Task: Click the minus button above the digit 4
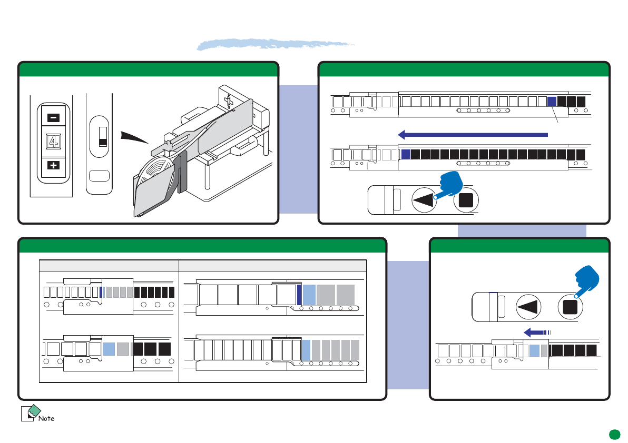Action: [x=53, y=118]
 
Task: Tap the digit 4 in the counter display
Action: [x=53, y=142]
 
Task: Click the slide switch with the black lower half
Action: [x=103, y=136]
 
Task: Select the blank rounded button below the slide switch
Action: [x=99, y=176]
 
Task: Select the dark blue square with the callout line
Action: [x=552, y=101]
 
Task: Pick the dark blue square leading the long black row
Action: [x=406, y=155]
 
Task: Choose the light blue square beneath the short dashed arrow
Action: [x=534, y=350]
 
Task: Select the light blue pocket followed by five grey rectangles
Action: [x=306, y=349]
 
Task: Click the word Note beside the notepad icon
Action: [x=46, y=418]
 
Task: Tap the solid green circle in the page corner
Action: [x=613, y=434]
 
